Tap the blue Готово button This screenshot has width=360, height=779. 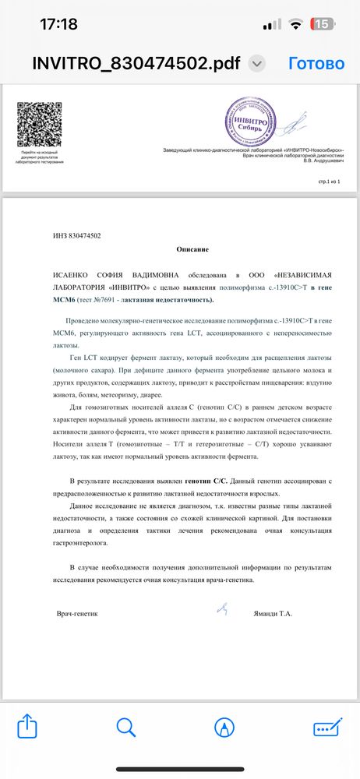coord(316,63)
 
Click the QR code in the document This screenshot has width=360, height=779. coord(39,127)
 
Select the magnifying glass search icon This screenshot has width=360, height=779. coord(126,728)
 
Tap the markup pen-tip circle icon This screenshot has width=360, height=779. coord(225,728)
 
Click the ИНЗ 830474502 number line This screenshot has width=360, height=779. coord(76,235)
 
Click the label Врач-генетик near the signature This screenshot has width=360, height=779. coord(78,614)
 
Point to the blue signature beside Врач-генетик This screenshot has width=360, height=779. coord(222,608)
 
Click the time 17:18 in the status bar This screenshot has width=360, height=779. coord(58,24)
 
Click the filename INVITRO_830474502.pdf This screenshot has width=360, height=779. coord(137,64)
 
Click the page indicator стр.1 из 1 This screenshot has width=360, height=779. coord(330,181)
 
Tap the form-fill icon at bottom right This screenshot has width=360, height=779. coord(326,728)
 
